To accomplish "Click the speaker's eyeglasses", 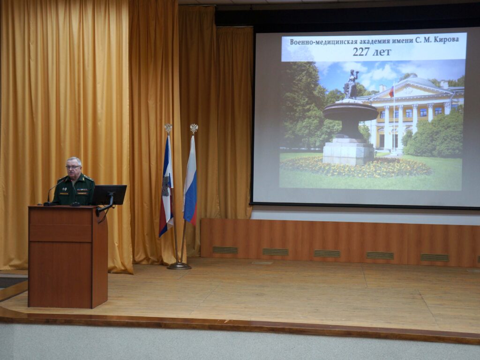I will tap(73, 167).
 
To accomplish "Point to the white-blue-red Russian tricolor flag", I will tap(190, 183).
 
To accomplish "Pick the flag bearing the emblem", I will tap(166, 187).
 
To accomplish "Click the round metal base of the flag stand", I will tap(179, 266).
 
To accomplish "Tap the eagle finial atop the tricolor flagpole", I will tap(194, 128).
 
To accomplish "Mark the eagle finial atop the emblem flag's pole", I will tap(168, 127).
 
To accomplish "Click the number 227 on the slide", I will tap(361, 52).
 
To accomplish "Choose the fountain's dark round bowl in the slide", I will tap(350, 112).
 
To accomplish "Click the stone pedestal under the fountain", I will tap(348, 152).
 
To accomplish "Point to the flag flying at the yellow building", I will tap(391, 91).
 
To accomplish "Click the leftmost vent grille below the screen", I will tap(225, 250).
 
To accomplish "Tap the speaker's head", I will tap(74, 166).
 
